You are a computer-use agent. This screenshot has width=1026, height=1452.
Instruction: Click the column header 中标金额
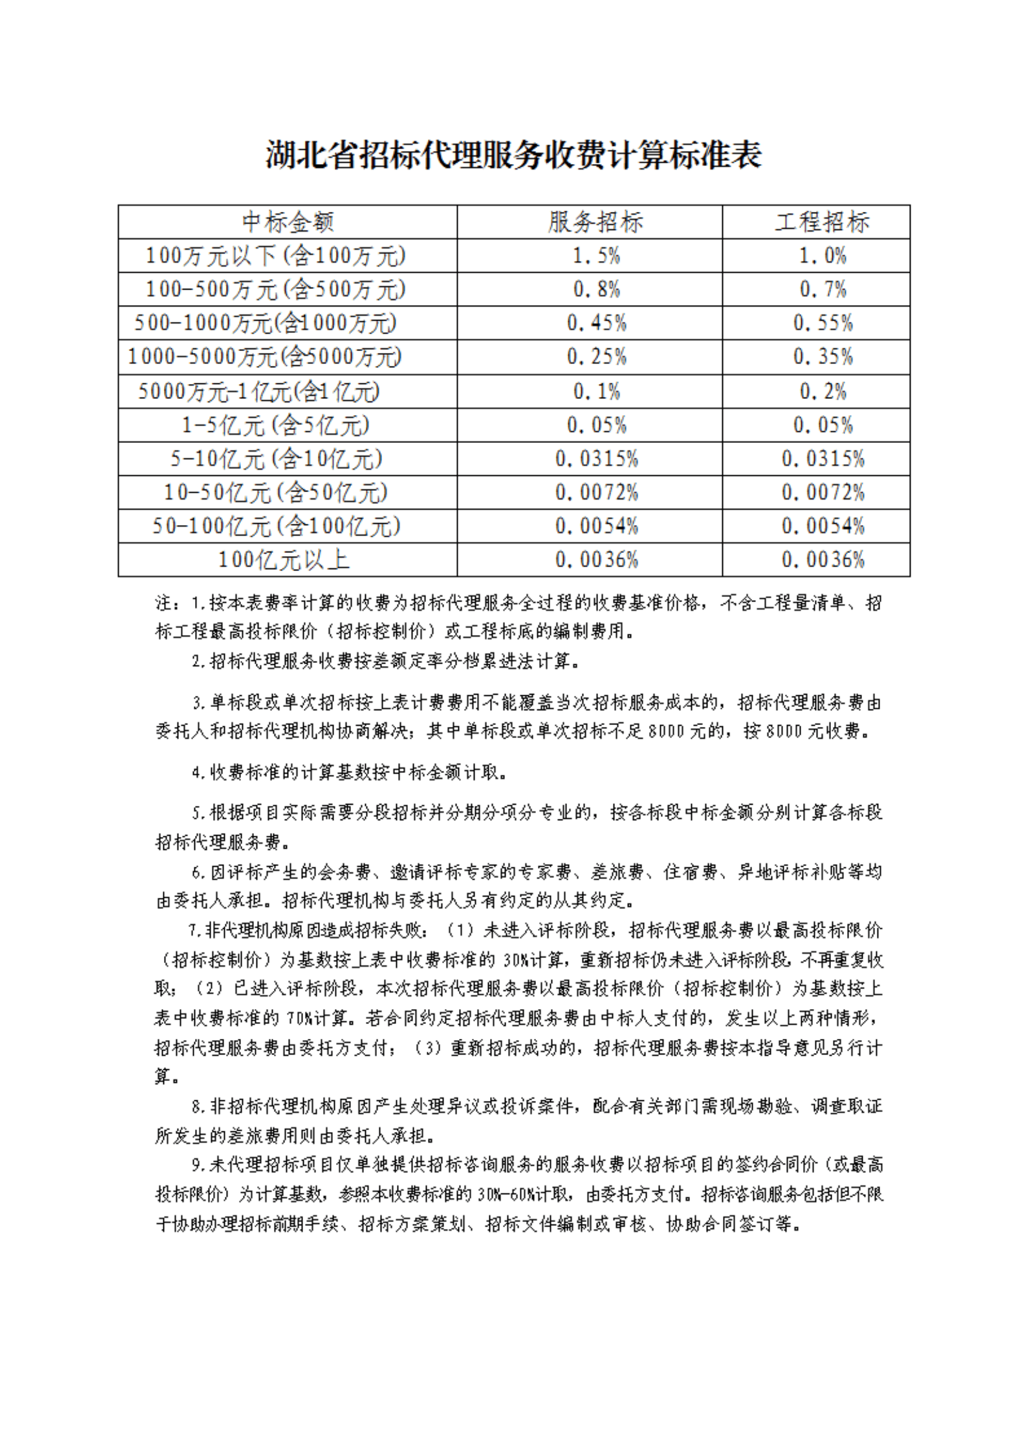click(288, 222)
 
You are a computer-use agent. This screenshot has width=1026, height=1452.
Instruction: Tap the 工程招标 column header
click(822, 222)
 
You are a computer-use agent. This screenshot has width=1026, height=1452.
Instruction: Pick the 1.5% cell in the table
click(596, 255)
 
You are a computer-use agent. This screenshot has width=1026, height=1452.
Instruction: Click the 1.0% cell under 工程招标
click(822, 255)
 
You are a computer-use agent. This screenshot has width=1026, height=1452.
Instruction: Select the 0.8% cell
click(596, 290)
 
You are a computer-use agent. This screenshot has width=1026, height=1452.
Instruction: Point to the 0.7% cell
click(822, 290)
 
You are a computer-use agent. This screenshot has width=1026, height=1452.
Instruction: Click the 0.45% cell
click(596, 323)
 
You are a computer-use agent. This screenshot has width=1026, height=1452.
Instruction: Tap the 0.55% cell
click(822, 323)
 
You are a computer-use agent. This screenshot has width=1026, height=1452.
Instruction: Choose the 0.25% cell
click(596, 357)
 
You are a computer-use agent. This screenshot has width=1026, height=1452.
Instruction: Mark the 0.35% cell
click(822, 357)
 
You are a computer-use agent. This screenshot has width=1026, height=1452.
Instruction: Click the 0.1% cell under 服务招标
click(596, 391)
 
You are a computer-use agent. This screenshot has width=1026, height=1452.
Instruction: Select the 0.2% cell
click(822, 391)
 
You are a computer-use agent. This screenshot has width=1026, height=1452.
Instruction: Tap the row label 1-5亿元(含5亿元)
click(275, 425)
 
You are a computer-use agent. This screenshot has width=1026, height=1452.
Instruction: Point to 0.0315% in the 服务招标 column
click(596, 459)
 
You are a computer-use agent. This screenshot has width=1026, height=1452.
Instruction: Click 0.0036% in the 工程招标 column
click(822, 560)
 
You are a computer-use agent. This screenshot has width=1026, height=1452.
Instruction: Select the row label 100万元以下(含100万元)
click(276, 255)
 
